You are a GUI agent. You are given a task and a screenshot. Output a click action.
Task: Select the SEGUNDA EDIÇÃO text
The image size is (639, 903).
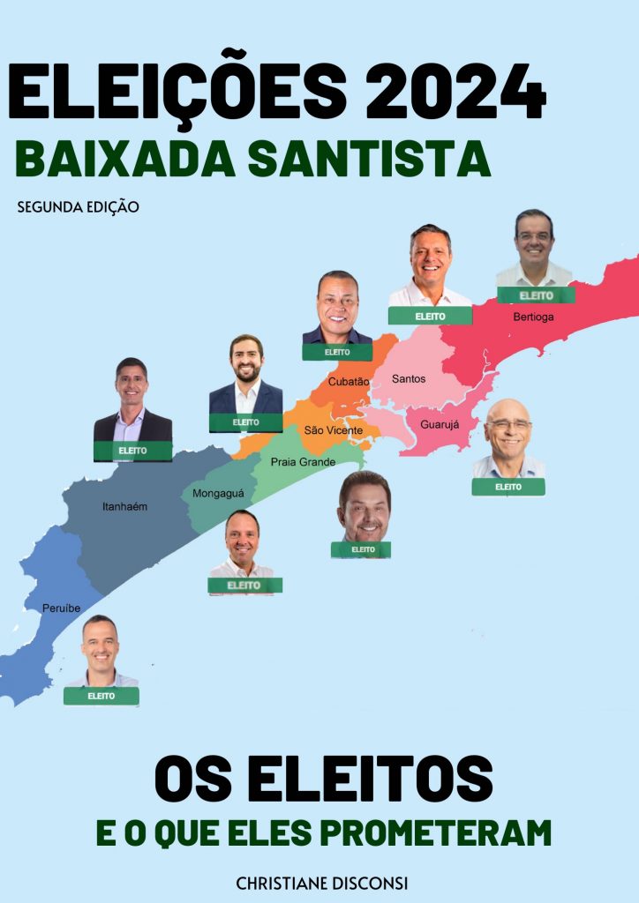point(78,208)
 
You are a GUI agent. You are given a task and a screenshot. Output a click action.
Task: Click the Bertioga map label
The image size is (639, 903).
point(533,317)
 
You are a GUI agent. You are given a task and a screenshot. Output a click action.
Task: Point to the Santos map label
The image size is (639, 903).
point(408,379)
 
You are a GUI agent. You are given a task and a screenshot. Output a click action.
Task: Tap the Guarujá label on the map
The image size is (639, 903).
point(439,424)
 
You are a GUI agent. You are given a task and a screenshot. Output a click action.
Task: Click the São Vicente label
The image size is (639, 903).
point(333,430)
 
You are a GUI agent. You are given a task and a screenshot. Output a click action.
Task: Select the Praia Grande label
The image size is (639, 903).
point(303,462)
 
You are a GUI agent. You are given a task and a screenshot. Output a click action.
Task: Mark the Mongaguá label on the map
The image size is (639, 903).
point(218,494)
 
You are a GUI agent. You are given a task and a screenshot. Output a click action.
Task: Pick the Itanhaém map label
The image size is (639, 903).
point(124,507)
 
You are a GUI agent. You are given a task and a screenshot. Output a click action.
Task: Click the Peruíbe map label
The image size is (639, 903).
point(61,608)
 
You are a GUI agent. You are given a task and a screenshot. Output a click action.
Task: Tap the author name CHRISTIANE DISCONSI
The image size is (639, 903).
point(322,883)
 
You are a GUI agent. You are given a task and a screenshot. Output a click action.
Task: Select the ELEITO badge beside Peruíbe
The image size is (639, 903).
point(101,696)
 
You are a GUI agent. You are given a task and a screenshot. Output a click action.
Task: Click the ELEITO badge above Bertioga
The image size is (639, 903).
point(536,295)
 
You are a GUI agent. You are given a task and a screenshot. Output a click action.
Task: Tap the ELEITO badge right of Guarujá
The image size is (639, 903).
point(508,487)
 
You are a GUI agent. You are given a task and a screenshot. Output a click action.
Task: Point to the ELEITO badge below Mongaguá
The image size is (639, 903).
point(244,585)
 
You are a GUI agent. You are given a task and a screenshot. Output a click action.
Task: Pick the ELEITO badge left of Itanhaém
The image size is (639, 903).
point(132,451)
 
